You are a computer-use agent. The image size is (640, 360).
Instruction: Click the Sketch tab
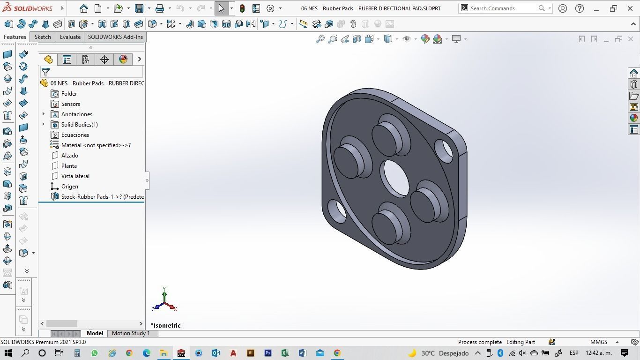pyautogui.click(x=43, y=37)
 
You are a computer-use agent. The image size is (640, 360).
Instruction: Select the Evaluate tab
pyautogui.click(x=70, y=37)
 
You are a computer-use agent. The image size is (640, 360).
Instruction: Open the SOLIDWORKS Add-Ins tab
pyautogui.click(x=115, y=37)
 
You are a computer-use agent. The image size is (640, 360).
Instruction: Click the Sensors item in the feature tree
pyautogui.click(x=70, y=104)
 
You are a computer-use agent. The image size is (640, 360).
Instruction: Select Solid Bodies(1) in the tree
pyautogui.click(x=79, y=125)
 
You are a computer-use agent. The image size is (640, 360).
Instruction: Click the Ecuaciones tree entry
pyautogui.click(x=75, y=135)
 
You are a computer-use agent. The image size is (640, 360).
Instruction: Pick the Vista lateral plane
pyautogui.click(x=75, y=176)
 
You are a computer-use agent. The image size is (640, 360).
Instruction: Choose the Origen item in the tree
pyautogui.click(x=69, y=187)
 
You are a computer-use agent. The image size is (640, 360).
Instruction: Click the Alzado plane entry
pyautogui.click(x=69, y=156)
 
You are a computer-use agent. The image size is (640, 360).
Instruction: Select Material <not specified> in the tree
pyautogui.click(x=96, y=145)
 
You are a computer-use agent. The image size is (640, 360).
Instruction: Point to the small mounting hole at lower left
pyautogui.click(x=337, y=211)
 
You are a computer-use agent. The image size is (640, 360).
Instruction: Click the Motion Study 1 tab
pyautogui.click(x=131, y=333)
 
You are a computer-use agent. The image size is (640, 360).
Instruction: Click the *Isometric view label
pyautogui.click(x=166, y=325)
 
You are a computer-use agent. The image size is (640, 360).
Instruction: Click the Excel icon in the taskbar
pyautogui.click(x=285, y=353)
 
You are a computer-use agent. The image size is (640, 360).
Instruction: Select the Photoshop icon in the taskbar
pyautogui.click(x=268, y=353)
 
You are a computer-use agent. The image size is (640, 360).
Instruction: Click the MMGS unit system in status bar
pyautogui.click(x=599, y=342)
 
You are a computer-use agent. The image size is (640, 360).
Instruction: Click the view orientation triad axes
pyautogui.click(x=164, y=301)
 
